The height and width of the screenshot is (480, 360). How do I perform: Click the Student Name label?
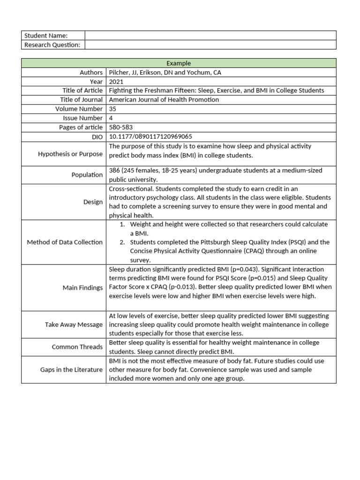coord(45,36)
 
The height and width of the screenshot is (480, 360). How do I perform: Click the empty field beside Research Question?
coord(210,45)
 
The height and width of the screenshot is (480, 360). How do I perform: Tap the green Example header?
coord(179,63)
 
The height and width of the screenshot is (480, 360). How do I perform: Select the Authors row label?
coord(91,73)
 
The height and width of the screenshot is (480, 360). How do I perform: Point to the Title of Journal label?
coord(81,100)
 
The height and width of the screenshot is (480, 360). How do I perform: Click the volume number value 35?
coord(112,109)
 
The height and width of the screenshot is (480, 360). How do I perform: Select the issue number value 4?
coord(111,118)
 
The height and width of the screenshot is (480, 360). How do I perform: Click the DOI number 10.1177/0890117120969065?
coord(150,136)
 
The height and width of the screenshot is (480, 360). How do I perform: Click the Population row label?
coord(87,175)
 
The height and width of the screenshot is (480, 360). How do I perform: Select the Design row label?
coord(93,202)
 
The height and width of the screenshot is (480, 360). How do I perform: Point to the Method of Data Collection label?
coord(65,242)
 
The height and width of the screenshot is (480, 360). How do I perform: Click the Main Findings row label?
coord(82,288)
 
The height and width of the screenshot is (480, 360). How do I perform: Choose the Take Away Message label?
coord(74,324)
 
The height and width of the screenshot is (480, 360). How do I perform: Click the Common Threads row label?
coord(77,347)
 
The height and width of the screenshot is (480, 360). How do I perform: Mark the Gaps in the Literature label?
coord(71,370)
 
